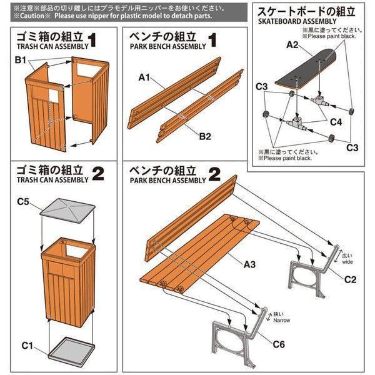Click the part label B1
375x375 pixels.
20,61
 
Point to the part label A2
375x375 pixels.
292,45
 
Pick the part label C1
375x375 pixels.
27,344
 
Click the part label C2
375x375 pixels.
351,279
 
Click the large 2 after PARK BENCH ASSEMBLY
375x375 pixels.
214,174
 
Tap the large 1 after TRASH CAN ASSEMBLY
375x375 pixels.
93,42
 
